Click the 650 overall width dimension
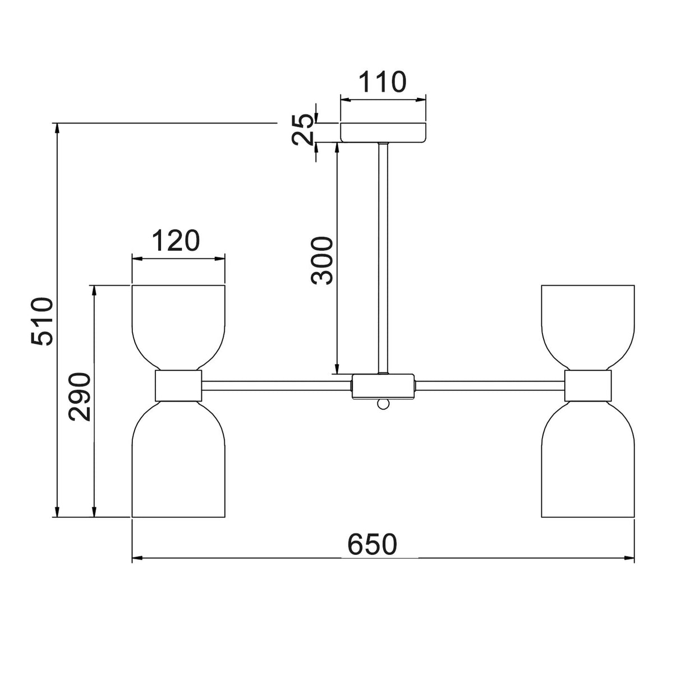tap(372, 545)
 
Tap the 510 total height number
tap(42, 321)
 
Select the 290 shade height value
tap(80, 397)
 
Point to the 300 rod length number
tap(321, 261)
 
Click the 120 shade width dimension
tap(176, 240)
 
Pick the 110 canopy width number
tap(383, 82)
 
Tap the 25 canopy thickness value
tap(303, 130)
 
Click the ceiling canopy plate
tap(383, 132)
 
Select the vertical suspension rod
tap(383, 259)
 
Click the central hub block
tap(383, 386)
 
